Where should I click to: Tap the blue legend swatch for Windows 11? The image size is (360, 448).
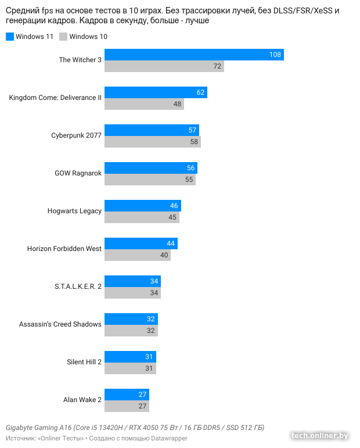[x=9, y=37]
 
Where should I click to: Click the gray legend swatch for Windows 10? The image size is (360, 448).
[x=63, y=37]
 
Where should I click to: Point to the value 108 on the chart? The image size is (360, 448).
[x=275, y=55]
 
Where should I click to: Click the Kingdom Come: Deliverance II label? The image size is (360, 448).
[x=55, y=98]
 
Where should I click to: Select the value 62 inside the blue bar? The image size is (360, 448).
[x=201, y=92]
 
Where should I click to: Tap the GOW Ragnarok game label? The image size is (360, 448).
[x=78, y=173]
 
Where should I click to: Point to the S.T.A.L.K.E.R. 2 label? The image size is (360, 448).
[x=77, y=286]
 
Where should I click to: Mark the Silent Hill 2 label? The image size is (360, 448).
[x=84, y=362]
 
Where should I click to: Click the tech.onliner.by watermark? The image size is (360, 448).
[x=319, y=435]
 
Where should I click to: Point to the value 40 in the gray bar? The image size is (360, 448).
[x=164, y=255]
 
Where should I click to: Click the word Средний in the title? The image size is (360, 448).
[x=21, y=10]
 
